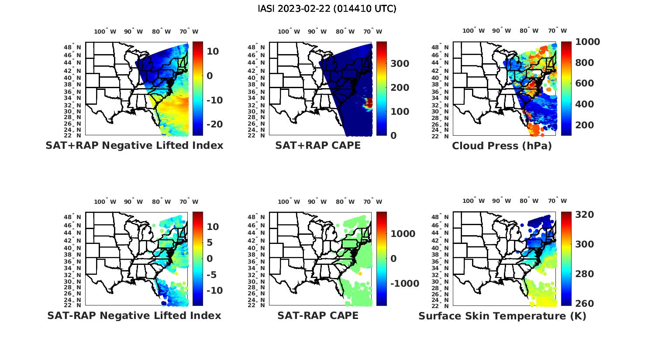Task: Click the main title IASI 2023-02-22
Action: tap(327, 9)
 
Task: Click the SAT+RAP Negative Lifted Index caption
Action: tap(134, 145)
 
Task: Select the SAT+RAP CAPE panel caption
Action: tap(318, 145)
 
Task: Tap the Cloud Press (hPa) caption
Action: tap(502, 146)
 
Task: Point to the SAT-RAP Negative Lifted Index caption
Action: tap(134, 315)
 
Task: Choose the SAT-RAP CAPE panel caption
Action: tap(318, 315)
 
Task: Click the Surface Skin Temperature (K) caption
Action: tap(502, 316)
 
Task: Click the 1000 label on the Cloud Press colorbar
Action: tap(587, 42)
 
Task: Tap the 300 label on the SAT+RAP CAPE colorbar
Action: tap(400, 64)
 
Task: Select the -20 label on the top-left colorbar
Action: tap(214, 124)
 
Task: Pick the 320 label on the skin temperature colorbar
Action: tap(584, 215)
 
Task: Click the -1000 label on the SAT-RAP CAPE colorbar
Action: tap(404, 284)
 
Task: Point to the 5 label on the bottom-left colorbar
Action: tap(210, 243)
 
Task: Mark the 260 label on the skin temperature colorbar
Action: tap(584, 303)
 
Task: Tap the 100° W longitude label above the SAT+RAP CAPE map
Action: tap(289, 31)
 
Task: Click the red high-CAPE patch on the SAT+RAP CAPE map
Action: tap(369, 103)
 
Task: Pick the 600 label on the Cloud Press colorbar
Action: tap(584, 83)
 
